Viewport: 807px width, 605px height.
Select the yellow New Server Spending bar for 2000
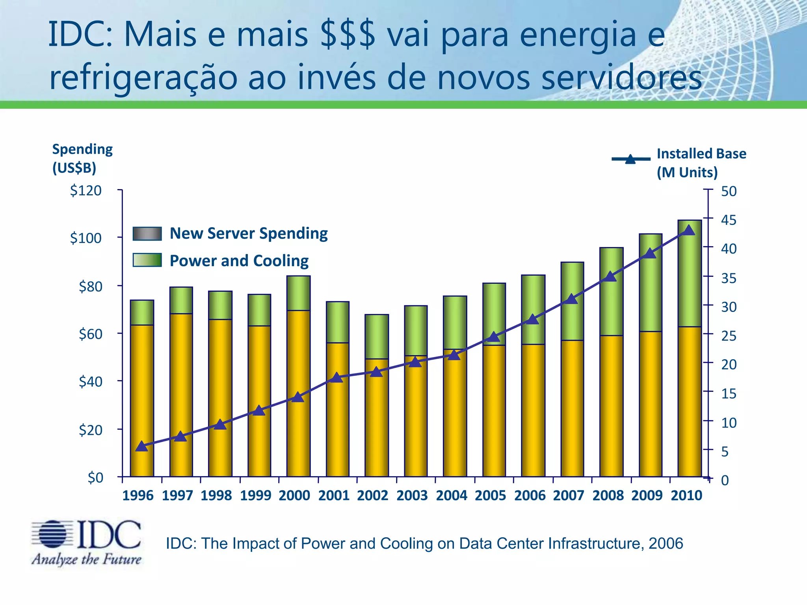pyautogui.click(x=298, y=394)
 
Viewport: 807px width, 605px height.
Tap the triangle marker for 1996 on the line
pyautogui.click(x=141, y=446)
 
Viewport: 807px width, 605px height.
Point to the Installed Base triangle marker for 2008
pyautogui.click(x=610, y=277)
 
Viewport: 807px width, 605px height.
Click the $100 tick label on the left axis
pyautogui.click(x=86, y=238)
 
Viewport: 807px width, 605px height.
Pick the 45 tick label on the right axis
pyautogui.click(x=729, y=220)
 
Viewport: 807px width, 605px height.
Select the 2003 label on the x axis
pyautogui.click(x=412, y=495)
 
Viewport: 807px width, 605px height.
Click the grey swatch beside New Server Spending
pyautogui.click(x=147, y=234)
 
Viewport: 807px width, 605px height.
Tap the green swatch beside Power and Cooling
pyautogui.click(x=147, y=260)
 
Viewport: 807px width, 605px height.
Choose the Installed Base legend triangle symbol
pyautogui.click(x=630, y=159)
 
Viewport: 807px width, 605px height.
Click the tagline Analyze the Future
pyautogui.click(x=87, y=559)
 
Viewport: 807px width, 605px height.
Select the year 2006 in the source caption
pyautogui.click(x=666, y=544)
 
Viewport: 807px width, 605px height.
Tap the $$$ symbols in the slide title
pyautogui.click(x=348, y=35)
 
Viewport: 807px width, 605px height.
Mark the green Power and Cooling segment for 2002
pyautogui.click(x=377, y=336)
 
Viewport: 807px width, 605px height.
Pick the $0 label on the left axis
pyautogui.click(x=95, y=477)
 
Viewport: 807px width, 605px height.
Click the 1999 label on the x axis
pyautogui.click(x=255, y=495)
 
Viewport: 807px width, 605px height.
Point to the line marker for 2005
pyautogui.click(x=493, y=337)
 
